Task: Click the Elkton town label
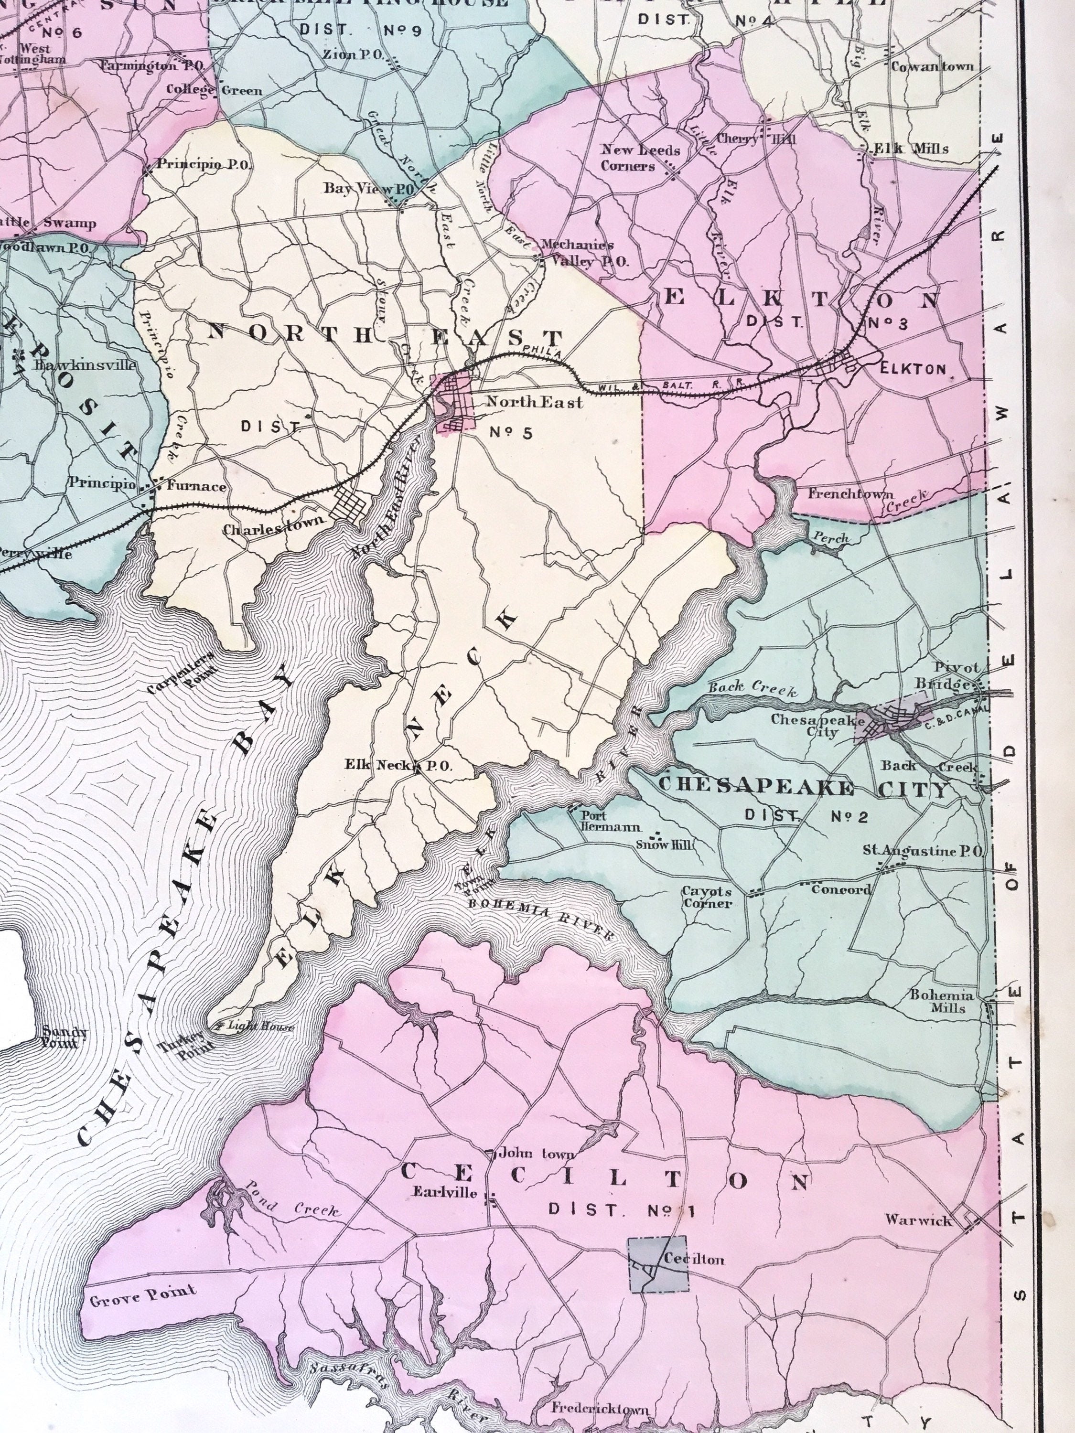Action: click(913, 369)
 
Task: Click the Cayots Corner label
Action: click(706, 897)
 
